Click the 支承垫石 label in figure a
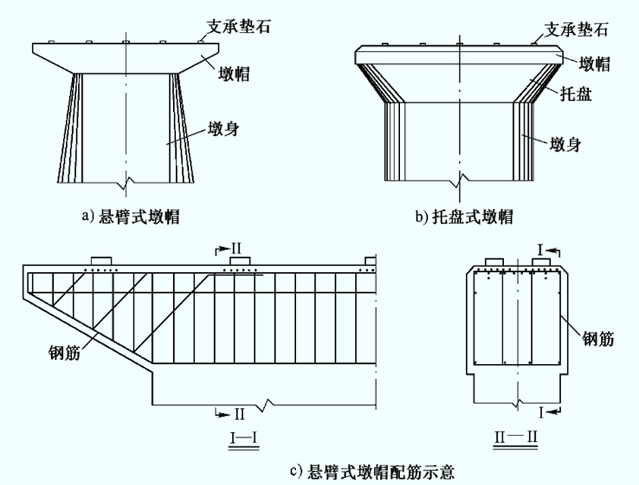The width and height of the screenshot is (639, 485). point(239,27)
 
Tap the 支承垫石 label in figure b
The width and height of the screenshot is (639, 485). point(576,29)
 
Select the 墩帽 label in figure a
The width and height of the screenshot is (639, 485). point(233,74)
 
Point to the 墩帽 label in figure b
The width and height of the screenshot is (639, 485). point(594,64)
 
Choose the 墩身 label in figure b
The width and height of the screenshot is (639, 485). point(565,144)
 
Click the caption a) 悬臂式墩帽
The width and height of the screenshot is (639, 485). point(131,217)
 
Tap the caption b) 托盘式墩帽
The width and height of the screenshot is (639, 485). point(464,217)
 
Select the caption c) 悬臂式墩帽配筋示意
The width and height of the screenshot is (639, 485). point(372,472)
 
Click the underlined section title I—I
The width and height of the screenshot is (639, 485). point(244,438)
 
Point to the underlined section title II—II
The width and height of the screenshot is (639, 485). point(515,438)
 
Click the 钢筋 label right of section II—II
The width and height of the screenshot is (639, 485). point(598,339)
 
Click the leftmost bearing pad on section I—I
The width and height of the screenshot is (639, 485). point(101,261)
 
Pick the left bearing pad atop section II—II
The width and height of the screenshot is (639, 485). point(494,262)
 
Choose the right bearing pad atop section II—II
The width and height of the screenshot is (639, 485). point(541,262)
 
